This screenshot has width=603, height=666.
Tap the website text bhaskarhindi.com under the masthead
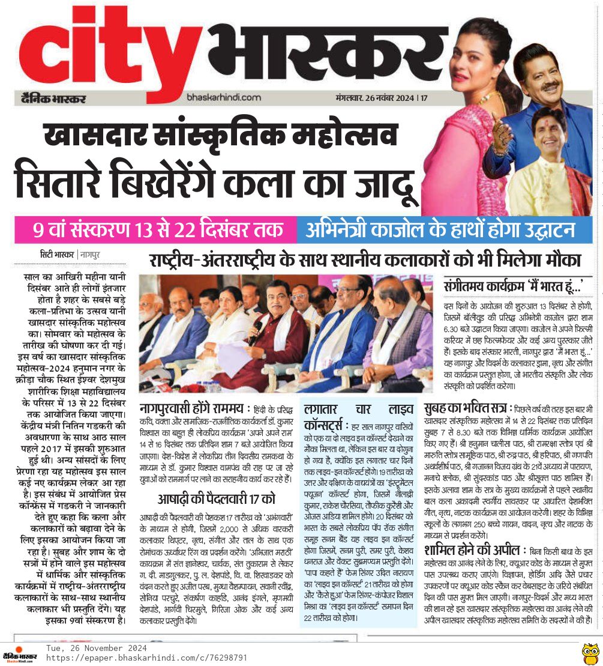(224, 97)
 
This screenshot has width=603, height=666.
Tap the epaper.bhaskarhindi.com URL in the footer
(147, 658)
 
